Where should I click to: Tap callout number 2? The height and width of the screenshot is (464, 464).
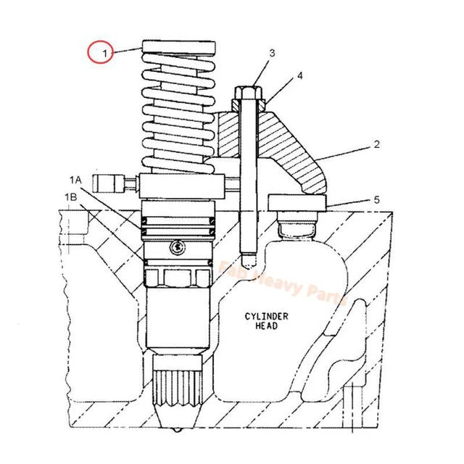(376, 145)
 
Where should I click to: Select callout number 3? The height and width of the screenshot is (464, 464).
(272, 53)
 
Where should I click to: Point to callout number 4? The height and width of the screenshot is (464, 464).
(299, 75)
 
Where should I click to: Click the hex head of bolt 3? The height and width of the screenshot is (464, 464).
(246, 93)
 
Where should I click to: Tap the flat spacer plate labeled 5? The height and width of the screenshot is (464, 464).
(297, 202)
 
